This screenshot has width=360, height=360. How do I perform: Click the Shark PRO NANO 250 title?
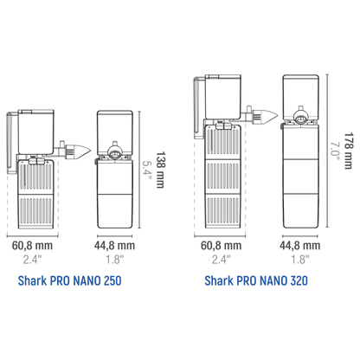pos(69,280)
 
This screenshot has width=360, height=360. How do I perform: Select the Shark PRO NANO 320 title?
pos(256,280)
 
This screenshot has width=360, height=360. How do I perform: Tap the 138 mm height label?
pos(160,170)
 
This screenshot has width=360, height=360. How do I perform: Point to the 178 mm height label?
pos(348,151)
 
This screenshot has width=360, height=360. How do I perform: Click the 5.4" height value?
pos(147,170)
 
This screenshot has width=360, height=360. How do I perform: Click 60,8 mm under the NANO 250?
pos(32,246)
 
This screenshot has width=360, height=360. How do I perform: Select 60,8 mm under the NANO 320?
pos(222,246)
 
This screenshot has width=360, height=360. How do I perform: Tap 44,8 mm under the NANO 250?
pos(114,246)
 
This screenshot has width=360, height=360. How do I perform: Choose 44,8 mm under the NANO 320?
pos(300,246)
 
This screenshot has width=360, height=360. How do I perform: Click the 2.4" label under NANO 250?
pos(32,260)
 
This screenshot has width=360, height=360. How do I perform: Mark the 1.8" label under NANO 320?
pos(300,260)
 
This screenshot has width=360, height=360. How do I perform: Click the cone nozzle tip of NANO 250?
pos(91,151)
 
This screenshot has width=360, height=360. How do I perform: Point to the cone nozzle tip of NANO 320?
pos(278,116)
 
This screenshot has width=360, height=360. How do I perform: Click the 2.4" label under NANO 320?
pos(222,260)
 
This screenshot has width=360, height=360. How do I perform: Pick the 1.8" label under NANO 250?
pos(114,260)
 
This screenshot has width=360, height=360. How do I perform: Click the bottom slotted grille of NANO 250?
pos(35,210)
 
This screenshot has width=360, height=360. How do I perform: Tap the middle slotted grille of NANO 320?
pos(223,176)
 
